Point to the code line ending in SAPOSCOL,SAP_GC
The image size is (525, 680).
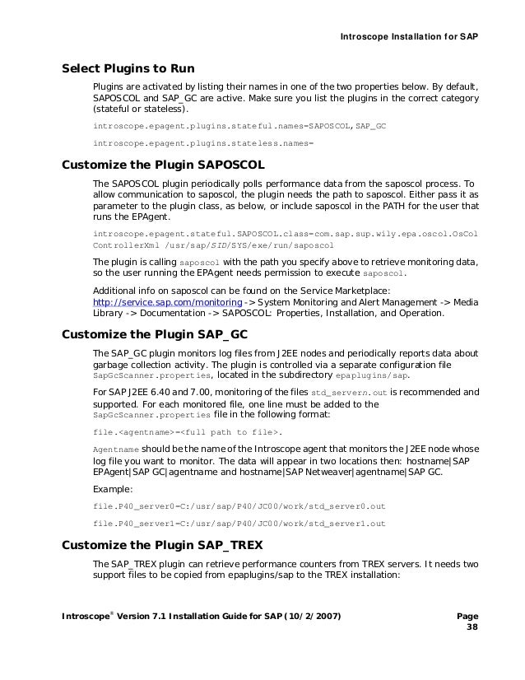click(239, 127)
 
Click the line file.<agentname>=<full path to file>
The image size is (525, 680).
click(188, 431)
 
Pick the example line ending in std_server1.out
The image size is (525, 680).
click(239, 523)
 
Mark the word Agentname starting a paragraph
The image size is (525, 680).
click(117, 449)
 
